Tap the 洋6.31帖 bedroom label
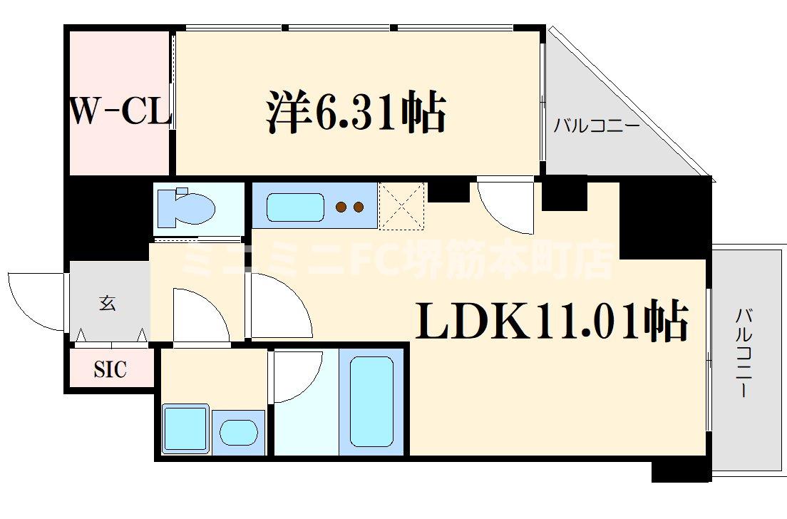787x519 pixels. pos(356,113)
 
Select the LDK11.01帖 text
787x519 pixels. pos(552,322)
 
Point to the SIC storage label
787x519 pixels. pos(110,369)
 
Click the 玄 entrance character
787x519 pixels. pos(107,304)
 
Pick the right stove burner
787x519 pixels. pos(358,207)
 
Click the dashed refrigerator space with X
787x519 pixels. pos(402,206)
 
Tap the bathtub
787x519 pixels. pos(371,401)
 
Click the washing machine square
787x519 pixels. pos(185,428)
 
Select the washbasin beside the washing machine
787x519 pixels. pos(238,432)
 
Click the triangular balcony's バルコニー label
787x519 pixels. pos(596,128)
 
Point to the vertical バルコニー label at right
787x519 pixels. pos(743,352)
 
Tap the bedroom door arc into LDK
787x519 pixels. pos(507,207)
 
